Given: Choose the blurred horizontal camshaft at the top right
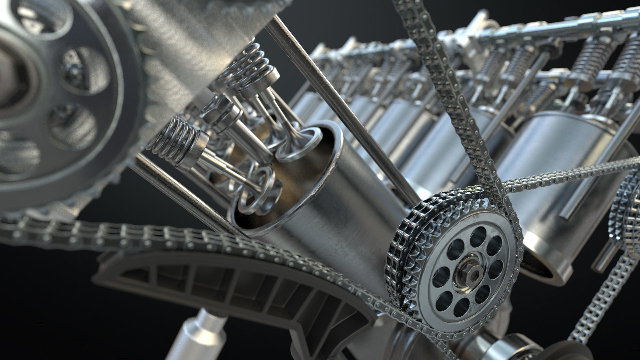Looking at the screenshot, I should [x=550, y=25].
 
